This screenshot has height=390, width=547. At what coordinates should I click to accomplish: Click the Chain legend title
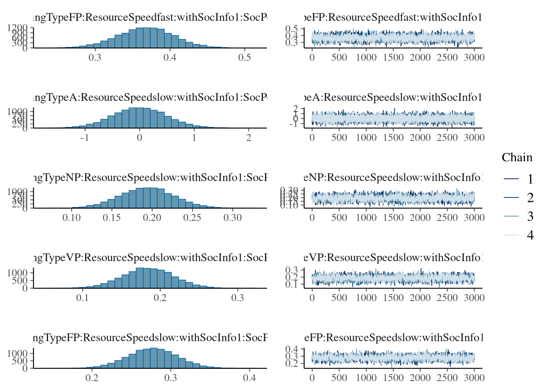coord(516,158)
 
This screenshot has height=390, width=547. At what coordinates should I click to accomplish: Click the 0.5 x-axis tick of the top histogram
coord(245,57)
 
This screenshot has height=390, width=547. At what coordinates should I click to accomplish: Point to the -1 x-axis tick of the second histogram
coord(85,137)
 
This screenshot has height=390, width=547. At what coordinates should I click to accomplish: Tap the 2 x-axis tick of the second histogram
coord(249,137)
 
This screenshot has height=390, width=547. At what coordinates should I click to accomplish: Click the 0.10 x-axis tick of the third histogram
coord(72,217)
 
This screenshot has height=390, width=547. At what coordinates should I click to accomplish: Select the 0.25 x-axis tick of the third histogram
coord(192,217)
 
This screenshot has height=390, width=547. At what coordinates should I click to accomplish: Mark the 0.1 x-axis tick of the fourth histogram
coord(83,297)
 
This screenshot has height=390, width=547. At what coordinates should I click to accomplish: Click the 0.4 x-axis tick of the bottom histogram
coord(249,377)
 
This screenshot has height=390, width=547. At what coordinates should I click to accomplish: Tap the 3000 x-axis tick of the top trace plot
coord(474,57)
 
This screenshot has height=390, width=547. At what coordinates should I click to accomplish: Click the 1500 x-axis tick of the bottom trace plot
coord(393,377)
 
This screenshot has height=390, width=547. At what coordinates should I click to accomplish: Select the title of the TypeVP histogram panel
coord(150,258)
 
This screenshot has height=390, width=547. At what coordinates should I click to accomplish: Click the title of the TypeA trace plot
coord(393,97)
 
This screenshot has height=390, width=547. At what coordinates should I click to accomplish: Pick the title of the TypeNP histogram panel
coord(150,178)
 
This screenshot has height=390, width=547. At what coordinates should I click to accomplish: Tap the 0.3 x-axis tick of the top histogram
coord(95,57)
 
